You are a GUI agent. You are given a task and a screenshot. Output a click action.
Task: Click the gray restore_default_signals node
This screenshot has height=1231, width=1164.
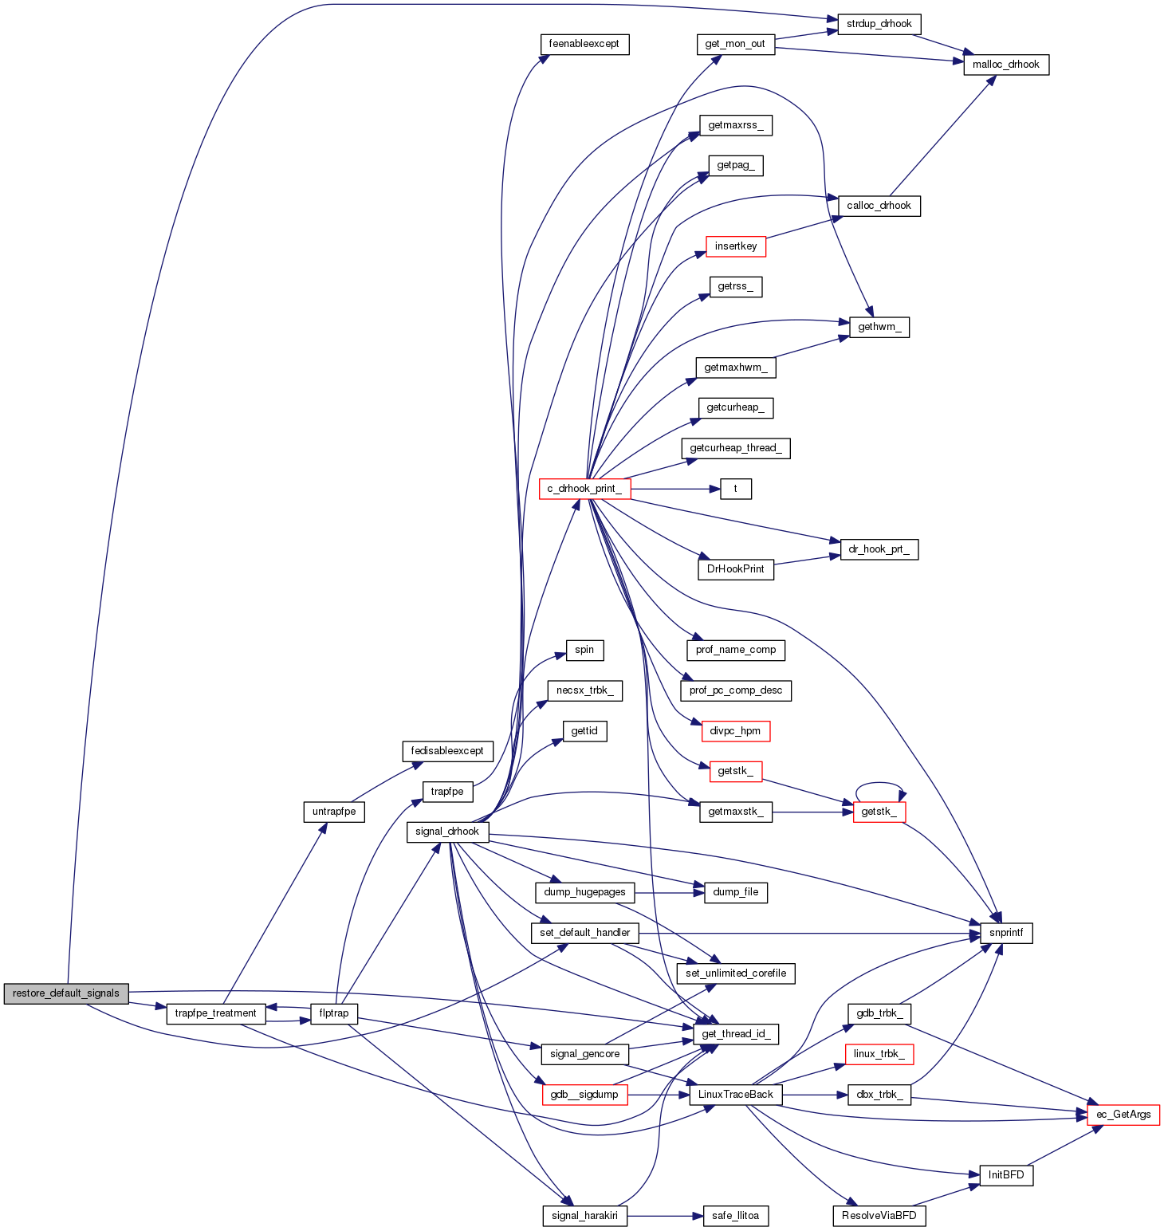coord(65,993)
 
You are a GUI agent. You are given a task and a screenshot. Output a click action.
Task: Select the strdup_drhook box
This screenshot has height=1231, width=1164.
coord(879,24)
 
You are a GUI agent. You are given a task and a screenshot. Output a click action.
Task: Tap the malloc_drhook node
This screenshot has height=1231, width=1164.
coord(1006,65)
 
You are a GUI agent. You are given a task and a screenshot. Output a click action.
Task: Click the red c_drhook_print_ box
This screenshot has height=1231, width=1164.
coord(584,489)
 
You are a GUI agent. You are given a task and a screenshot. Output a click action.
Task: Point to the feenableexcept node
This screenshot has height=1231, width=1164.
coord(584,44)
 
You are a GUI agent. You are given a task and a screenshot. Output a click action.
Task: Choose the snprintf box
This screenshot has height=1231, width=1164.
coord(1006,933)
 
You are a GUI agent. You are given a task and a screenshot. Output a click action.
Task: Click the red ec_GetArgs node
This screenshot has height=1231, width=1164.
coord(1123,1115)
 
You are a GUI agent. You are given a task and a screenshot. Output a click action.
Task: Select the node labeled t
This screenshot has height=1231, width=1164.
coord(735,489)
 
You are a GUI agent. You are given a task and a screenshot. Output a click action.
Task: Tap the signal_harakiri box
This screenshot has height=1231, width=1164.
coord(584,1216)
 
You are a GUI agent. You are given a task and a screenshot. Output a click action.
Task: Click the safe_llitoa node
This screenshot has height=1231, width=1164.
coord(735,1216)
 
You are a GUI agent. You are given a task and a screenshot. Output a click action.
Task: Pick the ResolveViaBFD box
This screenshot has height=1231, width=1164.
coord(879,1216)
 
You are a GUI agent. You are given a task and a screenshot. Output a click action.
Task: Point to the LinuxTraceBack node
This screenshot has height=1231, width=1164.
coord(735,1095)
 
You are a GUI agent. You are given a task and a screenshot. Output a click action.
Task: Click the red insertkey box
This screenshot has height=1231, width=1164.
coord(735,246)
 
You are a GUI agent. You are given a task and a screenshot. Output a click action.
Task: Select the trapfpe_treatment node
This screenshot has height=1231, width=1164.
coord(215,1013)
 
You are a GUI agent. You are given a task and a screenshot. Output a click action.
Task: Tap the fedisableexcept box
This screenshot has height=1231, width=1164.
coord(447,751)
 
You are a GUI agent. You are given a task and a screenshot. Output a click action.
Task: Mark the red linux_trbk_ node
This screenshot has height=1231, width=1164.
coord(879,1054)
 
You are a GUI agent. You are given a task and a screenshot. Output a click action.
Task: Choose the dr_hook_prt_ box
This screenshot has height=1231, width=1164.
coord(879,549)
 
